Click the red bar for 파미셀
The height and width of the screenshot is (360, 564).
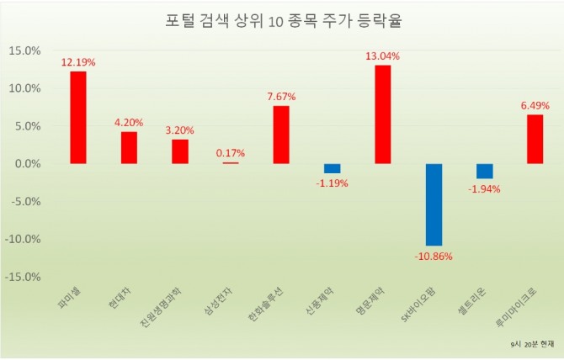pos(78,117)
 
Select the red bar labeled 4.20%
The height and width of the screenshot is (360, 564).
pos(129,147)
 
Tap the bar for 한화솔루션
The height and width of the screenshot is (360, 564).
pos(281,134)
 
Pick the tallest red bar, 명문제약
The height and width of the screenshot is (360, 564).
pos(383,114)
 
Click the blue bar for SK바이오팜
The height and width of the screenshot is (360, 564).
pos(434,204)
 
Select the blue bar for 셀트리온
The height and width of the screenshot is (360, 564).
pos(485,171)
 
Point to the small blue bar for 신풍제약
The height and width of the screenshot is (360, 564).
pos(333,168)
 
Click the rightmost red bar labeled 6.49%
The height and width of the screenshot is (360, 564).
pos(535,139)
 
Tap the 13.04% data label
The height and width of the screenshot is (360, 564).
pos(383,56)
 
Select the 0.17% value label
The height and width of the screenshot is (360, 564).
pos(231,153)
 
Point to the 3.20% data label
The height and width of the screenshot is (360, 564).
pos(179,130)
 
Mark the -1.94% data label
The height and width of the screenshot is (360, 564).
pos(485,188)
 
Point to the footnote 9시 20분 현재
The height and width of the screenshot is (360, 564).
pos(533,345)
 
